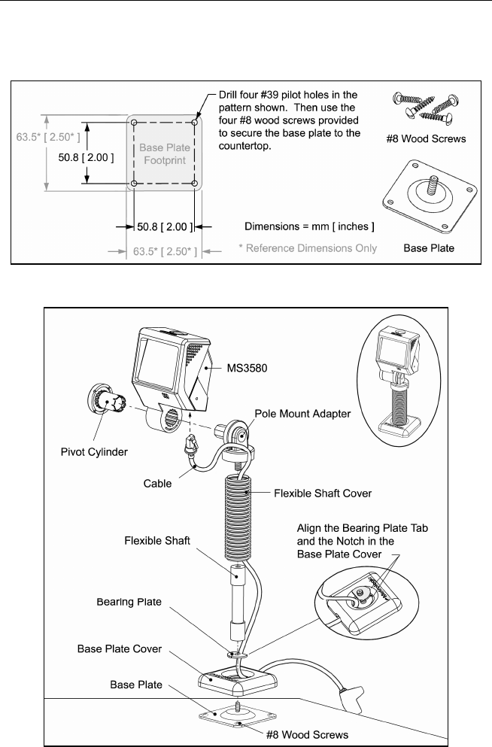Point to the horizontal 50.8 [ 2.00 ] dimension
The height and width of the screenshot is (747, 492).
[x=166, y=224]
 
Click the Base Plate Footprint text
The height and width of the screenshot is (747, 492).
[x=163, y=153]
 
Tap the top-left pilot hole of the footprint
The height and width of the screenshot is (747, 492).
[x=134, y=122]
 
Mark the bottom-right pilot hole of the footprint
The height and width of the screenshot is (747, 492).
[x=196, y=184]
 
